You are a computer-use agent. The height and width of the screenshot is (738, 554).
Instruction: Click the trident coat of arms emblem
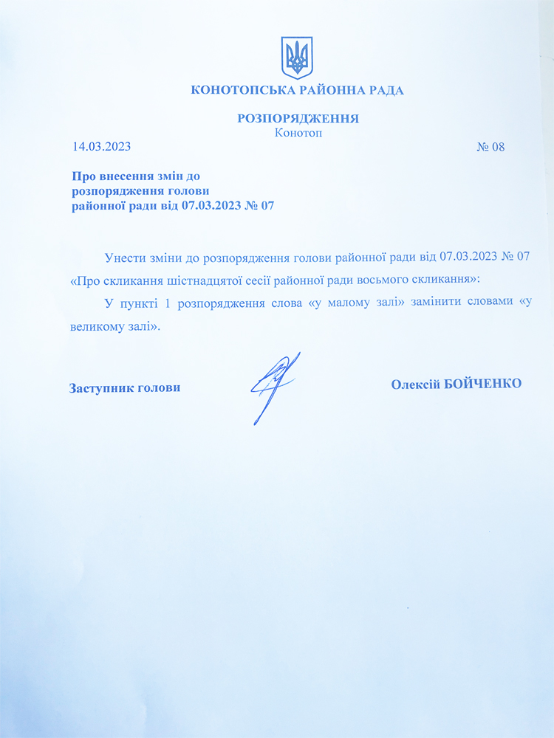click(298, 57)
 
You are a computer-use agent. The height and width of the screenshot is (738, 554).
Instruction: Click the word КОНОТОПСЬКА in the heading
click(236, 91)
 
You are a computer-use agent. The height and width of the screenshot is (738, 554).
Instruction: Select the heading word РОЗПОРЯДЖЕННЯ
click(298, 118)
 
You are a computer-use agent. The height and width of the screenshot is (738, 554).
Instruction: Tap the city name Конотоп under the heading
click(298, 133)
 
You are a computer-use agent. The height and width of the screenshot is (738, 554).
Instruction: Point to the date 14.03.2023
click(101, 146)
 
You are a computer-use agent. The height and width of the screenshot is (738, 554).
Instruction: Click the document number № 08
click(490, 146)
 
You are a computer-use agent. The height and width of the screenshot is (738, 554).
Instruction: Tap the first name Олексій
click(415, 384)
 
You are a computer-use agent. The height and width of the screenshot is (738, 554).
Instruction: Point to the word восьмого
click(375, 280)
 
